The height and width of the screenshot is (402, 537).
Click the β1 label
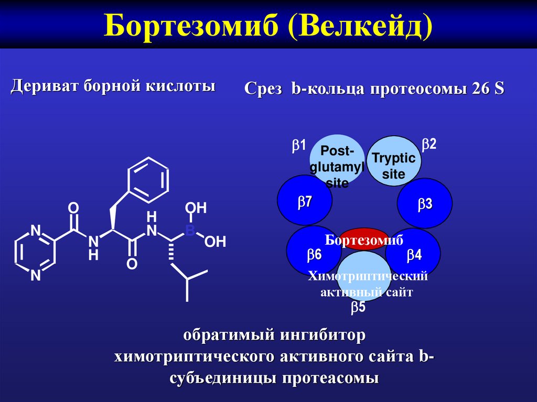(x=299, y=146)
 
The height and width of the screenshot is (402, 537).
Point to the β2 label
(x=429, y=144)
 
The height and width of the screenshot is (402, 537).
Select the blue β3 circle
(x=424, y=204)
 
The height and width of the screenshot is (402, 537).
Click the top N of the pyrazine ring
(x=36, y=231)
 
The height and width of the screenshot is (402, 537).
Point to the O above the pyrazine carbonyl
(x=73, y=209)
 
